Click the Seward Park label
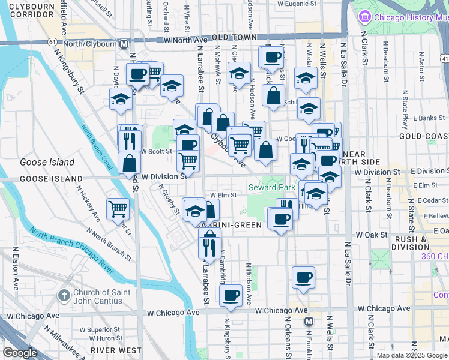(272, 188)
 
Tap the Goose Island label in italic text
(47, 162)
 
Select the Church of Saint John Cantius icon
(64, 296)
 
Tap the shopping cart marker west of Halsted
(118, 209)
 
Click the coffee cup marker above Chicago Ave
(231, 295)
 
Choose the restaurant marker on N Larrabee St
(209, 245)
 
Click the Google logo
(20, 353)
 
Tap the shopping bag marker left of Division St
(130, 162)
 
